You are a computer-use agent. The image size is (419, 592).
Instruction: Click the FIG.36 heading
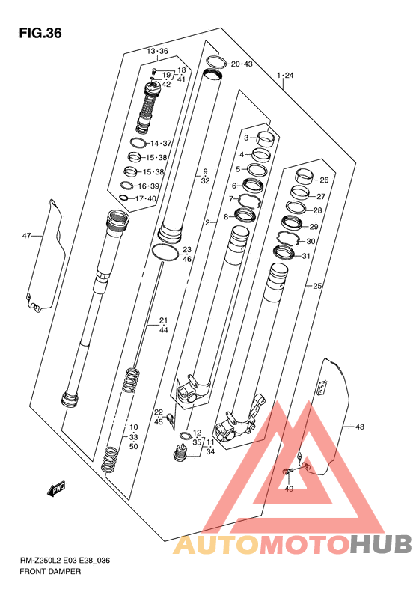tap(40, 33)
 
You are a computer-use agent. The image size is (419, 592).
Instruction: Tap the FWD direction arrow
tap(57, 489)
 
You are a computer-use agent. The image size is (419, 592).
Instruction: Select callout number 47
tap(26, 236)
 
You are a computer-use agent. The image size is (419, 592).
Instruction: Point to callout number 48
tap(360, 427)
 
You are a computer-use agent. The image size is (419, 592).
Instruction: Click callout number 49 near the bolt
tap(289, 489)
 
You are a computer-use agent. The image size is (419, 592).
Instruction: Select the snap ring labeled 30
tap(288, 238)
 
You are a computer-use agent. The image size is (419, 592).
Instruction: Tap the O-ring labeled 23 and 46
tap(165, 251)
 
